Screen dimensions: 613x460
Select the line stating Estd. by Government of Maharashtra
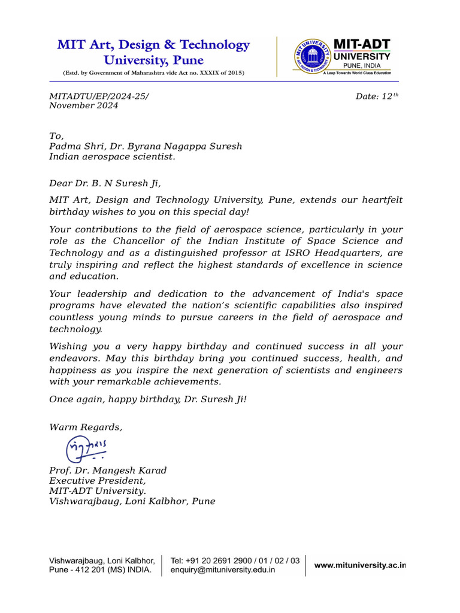[x=153, y=73]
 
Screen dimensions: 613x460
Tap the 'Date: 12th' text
[x=377, y=96]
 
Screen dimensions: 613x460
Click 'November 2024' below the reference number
[x=83, y=106]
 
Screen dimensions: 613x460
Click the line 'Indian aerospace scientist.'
[x=112, y=157]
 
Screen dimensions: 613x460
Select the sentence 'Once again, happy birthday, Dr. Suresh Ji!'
[x=147, y=399]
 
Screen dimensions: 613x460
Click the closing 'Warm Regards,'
[x=86, y=427]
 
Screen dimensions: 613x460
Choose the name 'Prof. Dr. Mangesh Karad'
[x=108, y=471]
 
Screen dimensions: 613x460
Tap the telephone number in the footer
[x=235, y=561]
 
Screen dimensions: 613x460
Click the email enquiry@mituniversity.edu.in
[x=223, y=571]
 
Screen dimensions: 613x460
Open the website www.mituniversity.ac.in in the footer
[x=360, y=566]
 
